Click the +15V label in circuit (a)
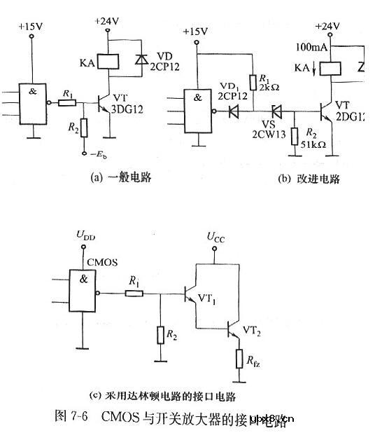point(31,26)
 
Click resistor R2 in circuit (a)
point(85,129)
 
